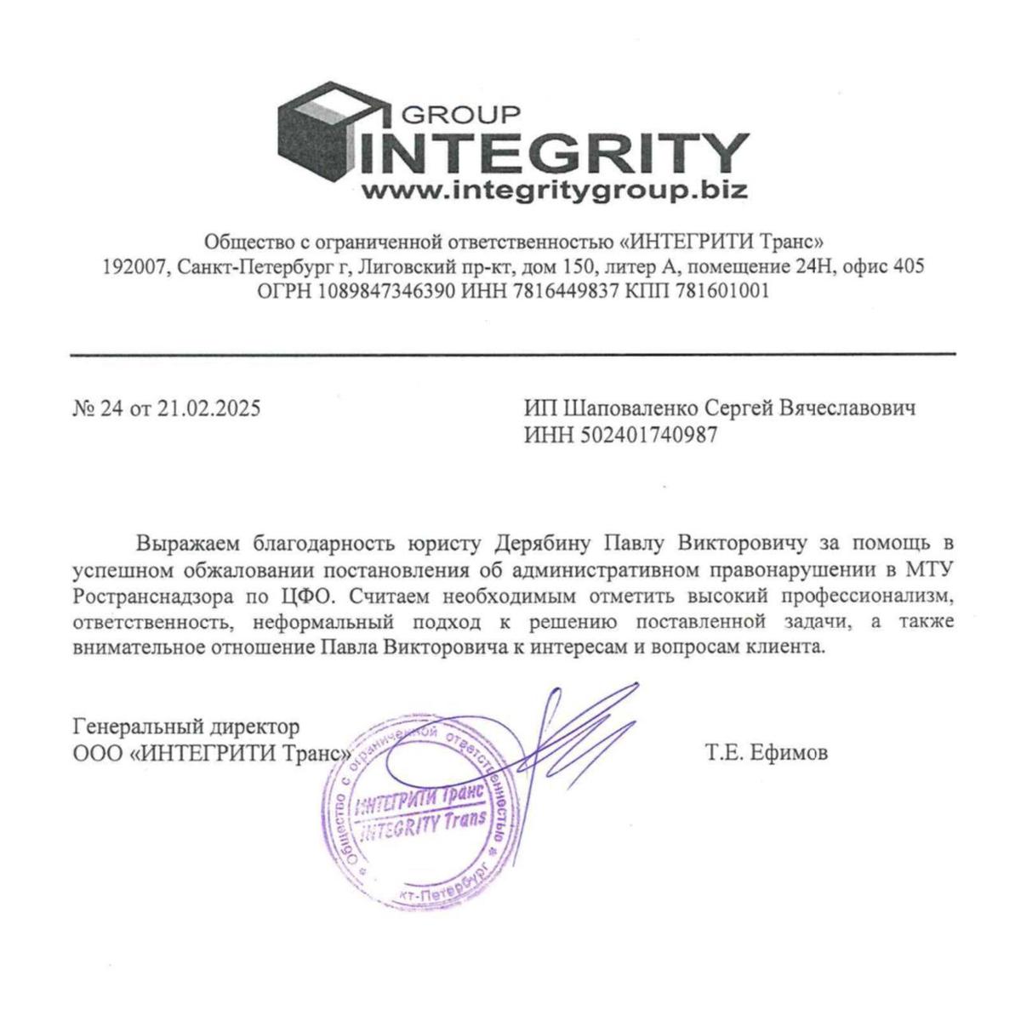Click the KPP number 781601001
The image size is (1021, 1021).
click(722, 291)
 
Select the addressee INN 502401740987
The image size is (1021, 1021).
click(649, 436)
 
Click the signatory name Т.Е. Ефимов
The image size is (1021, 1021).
click(766, 753)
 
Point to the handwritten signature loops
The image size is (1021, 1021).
click(579, 732)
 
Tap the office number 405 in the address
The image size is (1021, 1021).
click(908, 266)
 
